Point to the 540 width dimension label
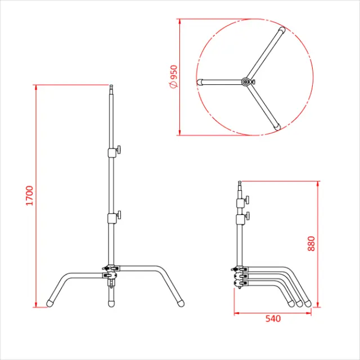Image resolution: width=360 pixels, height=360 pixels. pos(272,318)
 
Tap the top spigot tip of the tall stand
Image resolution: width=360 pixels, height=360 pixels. pos(111,88)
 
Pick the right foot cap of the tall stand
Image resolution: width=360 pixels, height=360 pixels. pos(181,303)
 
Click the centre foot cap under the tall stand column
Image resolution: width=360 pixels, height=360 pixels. pos(111,303)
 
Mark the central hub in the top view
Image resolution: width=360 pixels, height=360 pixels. pos(246,82)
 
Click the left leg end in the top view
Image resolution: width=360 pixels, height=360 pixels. pos(200,82)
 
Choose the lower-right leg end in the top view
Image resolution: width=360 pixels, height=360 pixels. pos(277,127)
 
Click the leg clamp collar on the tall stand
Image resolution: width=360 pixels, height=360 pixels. pos(109,272)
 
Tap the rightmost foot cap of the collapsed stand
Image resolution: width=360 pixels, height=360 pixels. pos(308,303)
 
